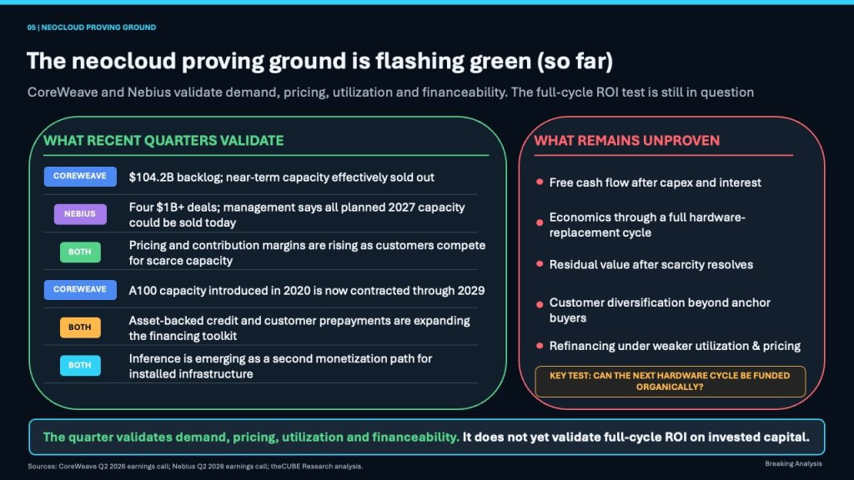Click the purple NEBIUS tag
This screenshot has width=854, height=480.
pos(80,214)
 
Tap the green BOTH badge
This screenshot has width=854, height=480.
pos(80,252)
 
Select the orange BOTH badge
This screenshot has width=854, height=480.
pos(80,327)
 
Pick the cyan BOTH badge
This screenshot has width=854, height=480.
pos(80,365)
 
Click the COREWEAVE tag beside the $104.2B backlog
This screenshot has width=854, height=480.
pos(80,177)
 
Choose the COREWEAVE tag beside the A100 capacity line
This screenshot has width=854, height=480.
pos(80,289)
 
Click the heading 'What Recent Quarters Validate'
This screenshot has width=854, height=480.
pos(163,140)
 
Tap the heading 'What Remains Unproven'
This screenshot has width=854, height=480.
pos(627,140)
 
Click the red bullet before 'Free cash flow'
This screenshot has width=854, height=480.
pos(540,182)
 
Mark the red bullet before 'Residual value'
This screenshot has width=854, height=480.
pos(540,264)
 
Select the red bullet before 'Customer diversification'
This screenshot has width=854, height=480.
pos(540,304)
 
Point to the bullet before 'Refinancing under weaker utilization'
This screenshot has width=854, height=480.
pos(540,346)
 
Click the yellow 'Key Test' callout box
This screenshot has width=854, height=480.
pos(670,382)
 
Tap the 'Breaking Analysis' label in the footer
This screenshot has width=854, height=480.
pos(794,463)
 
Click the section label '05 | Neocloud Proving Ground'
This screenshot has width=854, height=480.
pos(92,27)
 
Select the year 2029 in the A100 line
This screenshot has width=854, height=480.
pos(471,291)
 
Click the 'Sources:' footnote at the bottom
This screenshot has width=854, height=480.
pos(195,467)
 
